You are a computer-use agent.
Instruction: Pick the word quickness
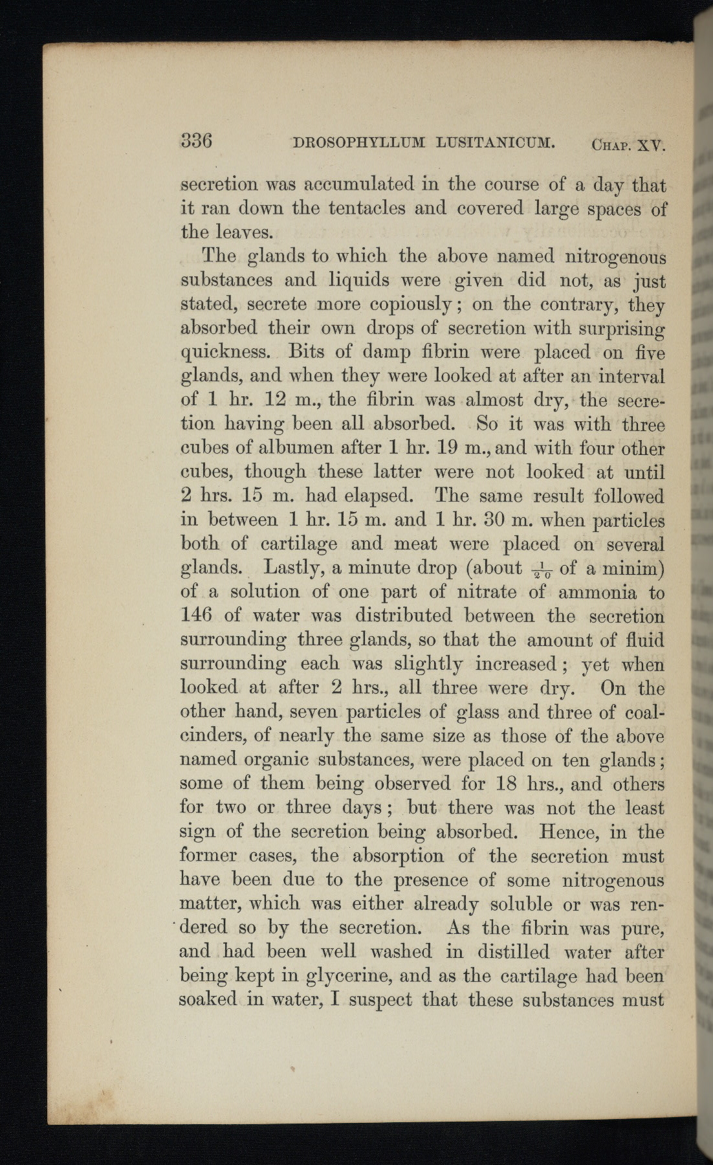tap(225, 353)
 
